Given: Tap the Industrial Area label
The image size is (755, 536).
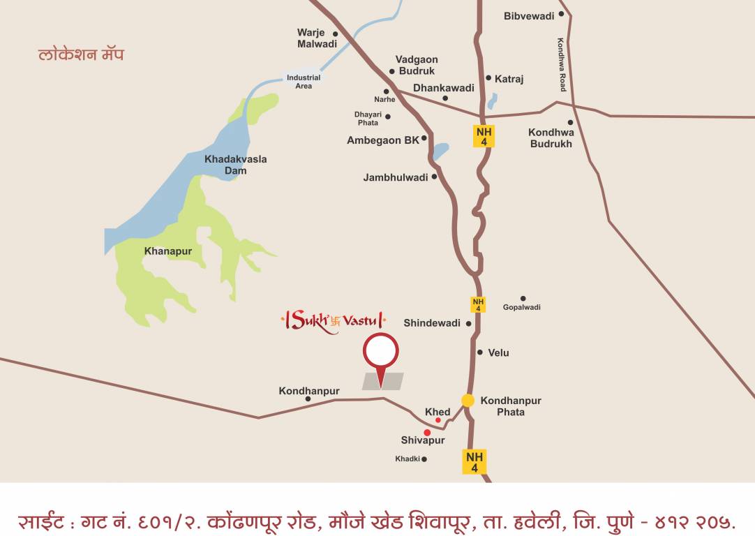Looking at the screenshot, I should (x=304, y=82).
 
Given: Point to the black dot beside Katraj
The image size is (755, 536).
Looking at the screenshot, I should (x=488, y=78).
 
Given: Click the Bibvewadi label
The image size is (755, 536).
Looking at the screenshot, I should (x=529, y=16).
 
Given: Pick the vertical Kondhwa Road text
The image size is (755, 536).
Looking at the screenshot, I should (x=561, y=64).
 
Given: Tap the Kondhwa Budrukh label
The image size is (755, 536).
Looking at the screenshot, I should (x=551, y=138).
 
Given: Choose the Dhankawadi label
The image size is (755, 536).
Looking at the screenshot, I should (x=444, y=88).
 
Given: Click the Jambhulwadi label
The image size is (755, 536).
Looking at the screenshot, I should (x=396, y=177).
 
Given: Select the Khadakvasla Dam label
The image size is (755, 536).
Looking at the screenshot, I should (x=235, y=165).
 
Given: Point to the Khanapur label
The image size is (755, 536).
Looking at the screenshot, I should (x=167, y=251).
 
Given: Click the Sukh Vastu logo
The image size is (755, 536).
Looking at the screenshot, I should (x=332, y=322).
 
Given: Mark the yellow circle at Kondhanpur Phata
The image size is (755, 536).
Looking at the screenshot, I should (x=468, y=401).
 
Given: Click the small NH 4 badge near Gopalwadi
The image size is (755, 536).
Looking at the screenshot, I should (x=478, y=304).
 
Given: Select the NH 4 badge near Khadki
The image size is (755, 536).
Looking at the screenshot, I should (x=474, y=462).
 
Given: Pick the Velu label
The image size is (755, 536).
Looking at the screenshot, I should (x=498, y=352).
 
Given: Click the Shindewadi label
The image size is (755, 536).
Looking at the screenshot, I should (x=432, y=323).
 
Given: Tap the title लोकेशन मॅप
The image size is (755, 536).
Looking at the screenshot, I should (x=81, y=54).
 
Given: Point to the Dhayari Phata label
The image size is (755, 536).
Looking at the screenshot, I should (x=368, y=118).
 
